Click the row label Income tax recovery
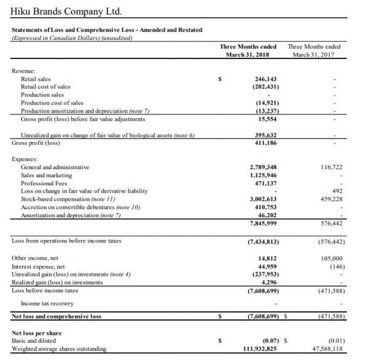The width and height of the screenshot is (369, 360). tap(47, 303)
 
